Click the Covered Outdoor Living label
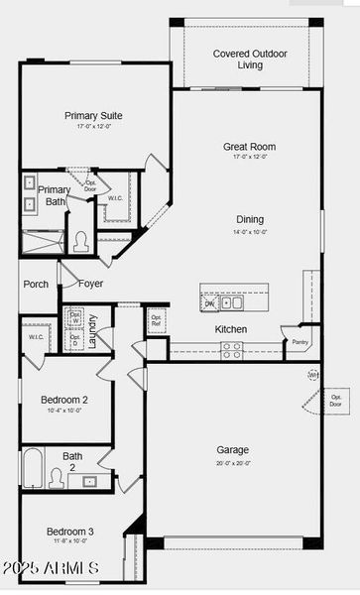pos(251,59)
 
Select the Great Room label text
pos(249,147)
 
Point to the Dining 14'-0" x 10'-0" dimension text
pos(250,232)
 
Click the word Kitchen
pos(231,329)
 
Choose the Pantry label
pos(300,342)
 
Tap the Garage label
pos(233,449)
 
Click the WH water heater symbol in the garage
pos(312,375)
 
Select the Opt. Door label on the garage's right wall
pos(335,401)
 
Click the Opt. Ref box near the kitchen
pos(156,319)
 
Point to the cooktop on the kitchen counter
pos(231,349)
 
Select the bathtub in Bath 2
pos(33,470)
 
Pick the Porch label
pos(36,284)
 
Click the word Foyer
pos(91,284)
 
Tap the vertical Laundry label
pos(92,326)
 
